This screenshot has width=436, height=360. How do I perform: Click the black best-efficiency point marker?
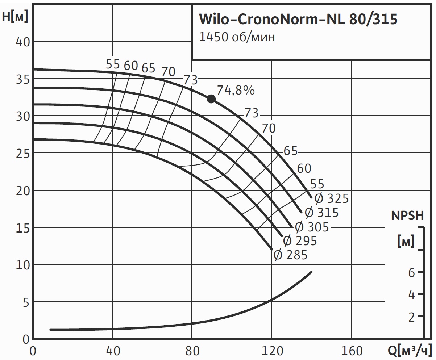pyautogui.click(x=211, y=99)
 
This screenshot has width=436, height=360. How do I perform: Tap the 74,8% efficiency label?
pyautogui.click(x=236, y=90)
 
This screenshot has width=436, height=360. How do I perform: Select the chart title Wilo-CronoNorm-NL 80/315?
pyautogui.click(x=298, y=20)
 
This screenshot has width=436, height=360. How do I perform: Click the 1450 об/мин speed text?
pyautogui.click(x=237, y=38)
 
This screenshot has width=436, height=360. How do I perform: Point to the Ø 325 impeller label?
pyautogui.click(x=331, y=198)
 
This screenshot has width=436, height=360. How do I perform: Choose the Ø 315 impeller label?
pyautogui.click(x=321, y=213)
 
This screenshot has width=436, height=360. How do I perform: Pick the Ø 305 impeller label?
pyautogui.click(x=312, y=227)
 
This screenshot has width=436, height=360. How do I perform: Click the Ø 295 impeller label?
pyautogui.click(x=300, y=240)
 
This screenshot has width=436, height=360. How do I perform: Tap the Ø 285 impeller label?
pyautogui.click(x=291, y=255)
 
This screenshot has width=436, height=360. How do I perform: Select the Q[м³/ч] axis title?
pyautogui.click(x=410, y=351)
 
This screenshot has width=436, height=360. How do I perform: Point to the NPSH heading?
pyautogui.click(x=407, y=216)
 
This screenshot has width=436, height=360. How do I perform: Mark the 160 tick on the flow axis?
pyautogui.click(x=351, y=351)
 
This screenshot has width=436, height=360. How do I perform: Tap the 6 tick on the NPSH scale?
pyautogui.click(x=411, y=272)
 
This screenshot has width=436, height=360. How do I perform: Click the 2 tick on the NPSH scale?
pyautogui.click(x=411, y=317)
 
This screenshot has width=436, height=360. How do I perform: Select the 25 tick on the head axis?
pyautogui.click(x=22, y=154)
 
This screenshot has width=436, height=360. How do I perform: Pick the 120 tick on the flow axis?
pyautogui.click(x=271, y=351)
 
